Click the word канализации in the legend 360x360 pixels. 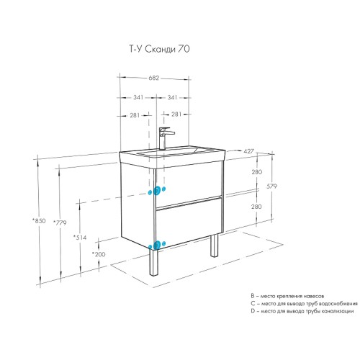[x=330, y=310]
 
